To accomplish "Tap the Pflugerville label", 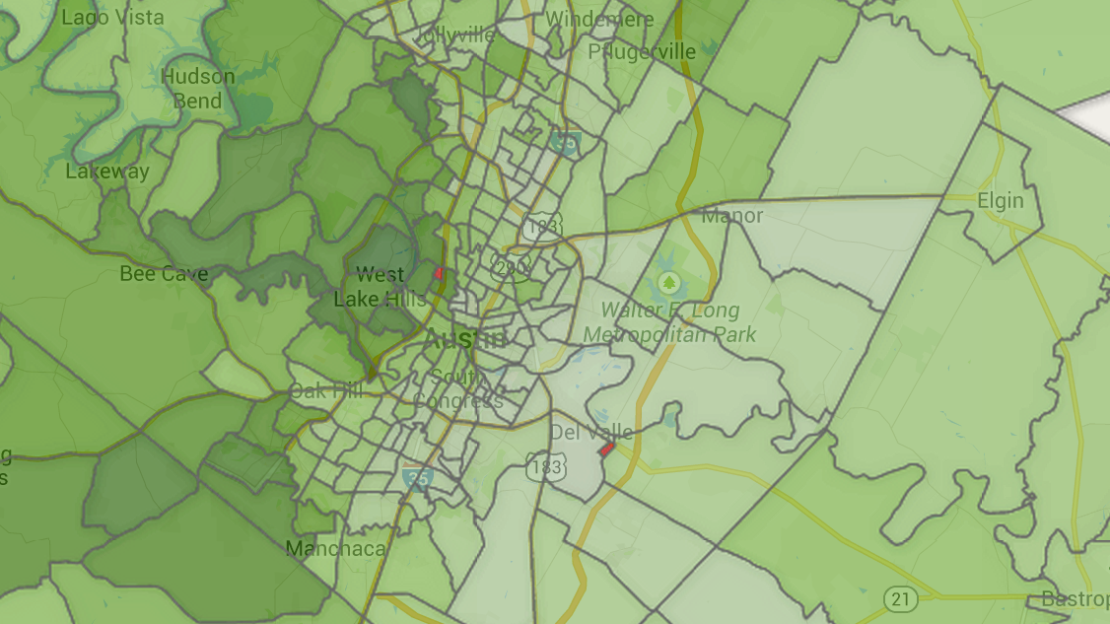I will click(x=642, y=51).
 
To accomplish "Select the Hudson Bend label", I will click(x=198, y=88).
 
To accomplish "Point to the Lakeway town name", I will click(x=107, y=172).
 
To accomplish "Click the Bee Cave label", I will click(x=164, y=273).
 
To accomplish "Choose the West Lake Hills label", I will click(x=380, y=287).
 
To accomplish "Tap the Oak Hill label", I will click(x=326, y=391).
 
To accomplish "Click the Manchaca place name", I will click(x=335, y=548).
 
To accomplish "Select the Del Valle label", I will click(x=591, y=432).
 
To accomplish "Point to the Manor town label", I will click(x=732, y=215).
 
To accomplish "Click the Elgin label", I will click(x=1001, y=201).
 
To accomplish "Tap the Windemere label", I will click(x=599, y=20).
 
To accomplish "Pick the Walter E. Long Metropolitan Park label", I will click(x=670, y=322).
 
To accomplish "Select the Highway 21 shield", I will click(x=901, y=598).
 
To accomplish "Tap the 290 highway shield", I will click(x=512, y=265).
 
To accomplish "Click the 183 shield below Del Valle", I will click(x=545, y=466).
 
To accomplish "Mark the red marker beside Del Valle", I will click(x=607, y=449).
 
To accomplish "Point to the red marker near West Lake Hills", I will click(x=439, y=273).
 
